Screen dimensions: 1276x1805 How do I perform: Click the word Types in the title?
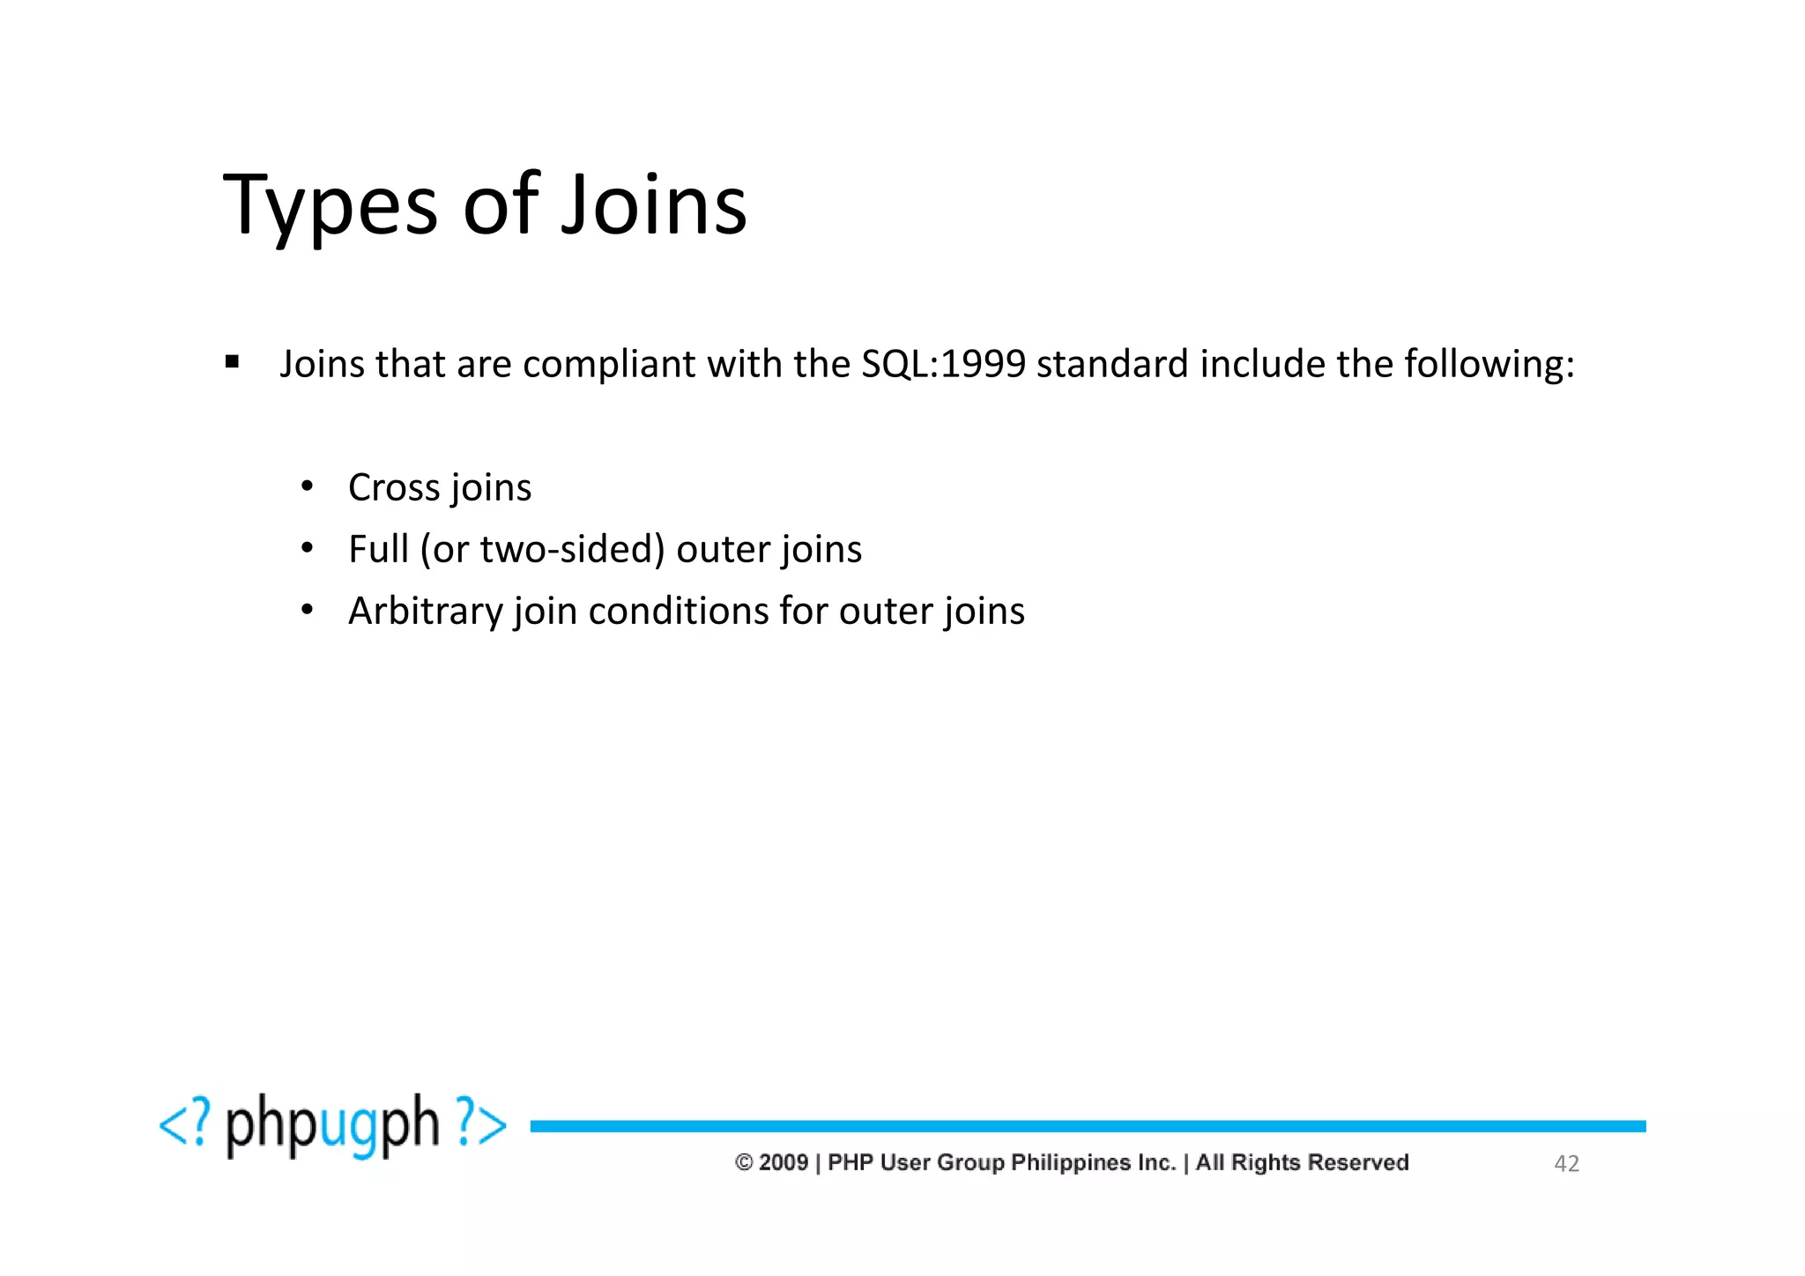[331, 207]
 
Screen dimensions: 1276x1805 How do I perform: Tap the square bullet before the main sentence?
[232, 361]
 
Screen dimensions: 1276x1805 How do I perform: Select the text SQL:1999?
[943, 364]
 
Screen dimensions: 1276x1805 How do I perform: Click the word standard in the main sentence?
[1112, 364]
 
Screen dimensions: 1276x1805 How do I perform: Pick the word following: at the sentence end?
[1489, 365]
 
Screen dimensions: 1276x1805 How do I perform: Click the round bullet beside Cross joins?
[307, 486]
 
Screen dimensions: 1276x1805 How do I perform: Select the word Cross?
[393, 487]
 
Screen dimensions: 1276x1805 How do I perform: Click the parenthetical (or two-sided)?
[542, 549]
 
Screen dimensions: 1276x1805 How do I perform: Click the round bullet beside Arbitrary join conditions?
[307, 610]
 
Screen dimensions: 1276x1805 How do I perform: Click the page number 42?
[1565, 1164]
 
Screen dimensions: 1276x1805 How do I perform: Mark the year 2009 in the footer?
[783, 1163]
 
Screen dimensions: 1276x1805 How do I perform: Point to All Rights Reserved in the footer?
[1302, 1163]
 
